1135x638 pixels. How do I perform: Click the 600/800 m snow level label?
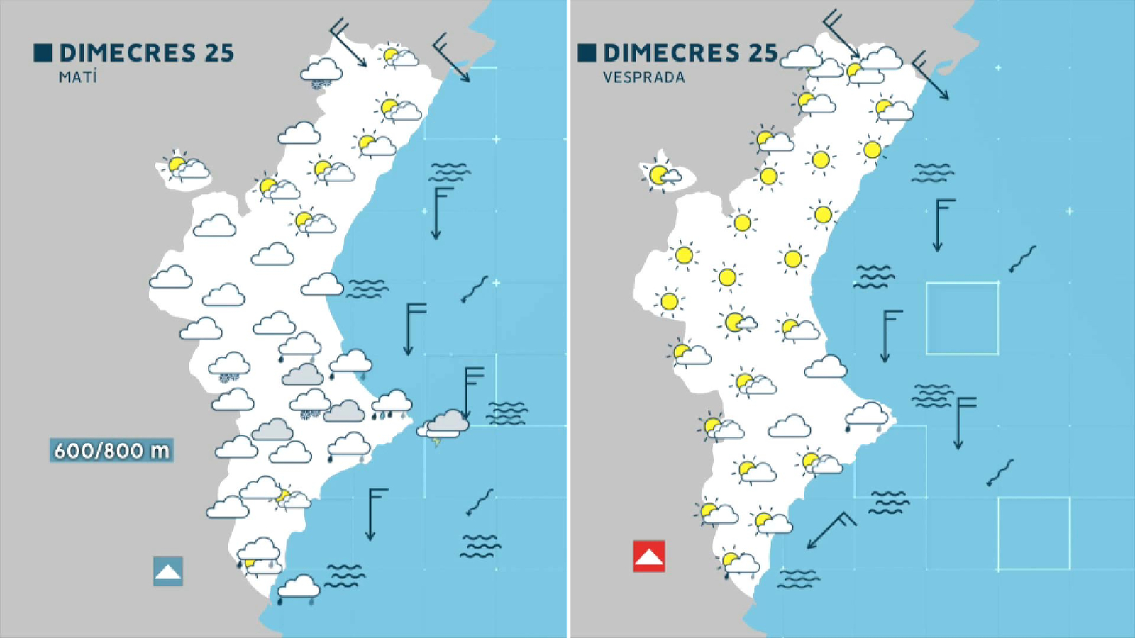pos(111,450)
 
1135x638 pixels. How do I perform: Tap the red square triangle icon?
pos(648,556)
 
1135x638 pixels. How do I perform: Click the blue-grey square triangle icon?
pos(167,571)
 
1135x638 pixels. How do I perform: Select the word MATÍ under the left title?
pos(77,77)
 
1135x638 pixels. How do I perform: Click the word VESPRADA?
pos(644,77)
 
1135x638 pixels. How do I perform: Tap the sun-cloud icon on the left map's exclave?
pos(184,167)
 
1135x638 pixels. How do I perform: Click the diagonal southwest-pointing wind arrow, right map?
pos(830,530)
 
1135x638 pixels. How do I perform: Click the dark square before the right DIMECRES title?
pos(587,52)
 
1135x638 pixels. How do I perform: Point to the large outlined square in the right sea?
pos(962,318)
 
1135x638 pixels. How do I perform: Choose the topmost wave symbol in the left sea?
pos(449,172)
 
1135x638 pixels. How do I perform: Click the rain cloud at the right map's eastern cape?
pos(866,416)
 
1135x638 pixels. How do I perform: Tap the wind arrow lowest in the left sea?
pos(373,513)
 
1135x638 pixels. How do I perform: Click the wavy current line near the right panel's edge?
pos(1022,259)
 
